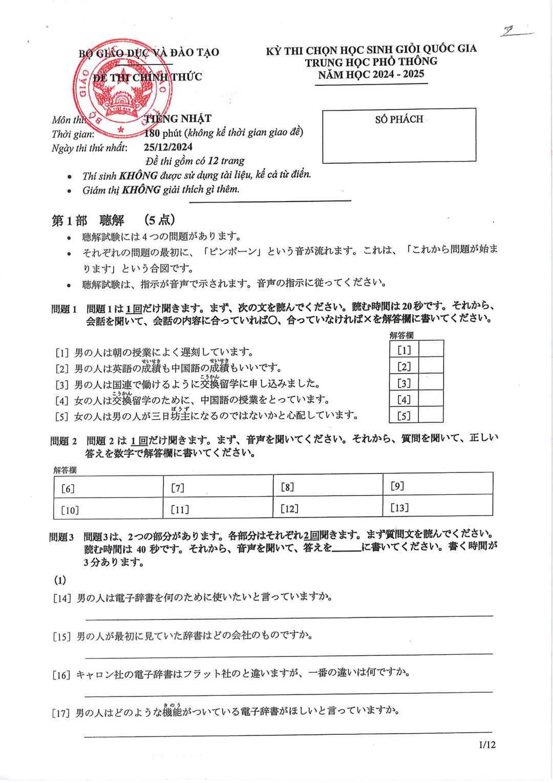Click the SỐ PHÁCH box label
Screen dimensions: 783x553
pyautogui.click(x=399, y=119)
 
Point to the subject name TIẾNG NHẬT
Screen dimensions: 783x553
pyautogui.click(x=178, y=119)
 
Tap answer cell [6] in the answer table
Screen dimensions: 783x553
pyautogui.click(x=109, y=488)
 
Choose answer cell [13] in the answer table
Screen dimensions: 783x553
pyautogui.click(x=438, y=507)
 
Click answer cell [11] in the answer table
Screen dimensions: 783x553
pyautogui.click(x=218, y=509)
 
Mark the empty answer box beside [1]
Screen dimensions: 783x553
pyautogui.click(x=431, y=350)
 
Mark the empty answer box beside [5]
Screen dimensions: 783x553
pyautogui.click(x=431, y=416)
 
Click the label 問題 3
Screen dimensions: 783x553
pyautogui.click(x=62, y=537)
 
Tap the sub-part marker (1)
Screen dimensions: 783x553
pyautogui.click(x=60, y=580)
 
